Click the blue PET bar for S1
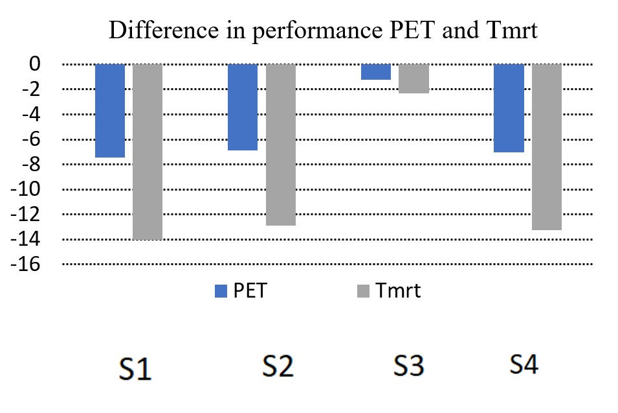tap(109, 111)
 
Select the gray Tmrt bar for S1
tap(147, 152)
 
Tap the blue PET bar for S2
tap(242, 107)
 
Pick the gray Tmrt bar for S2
tap(280, 145)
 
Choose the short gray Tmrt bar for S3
tap(414, 78)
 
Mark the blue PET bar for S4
tap(509, 108)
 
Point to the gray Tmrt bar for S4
tap(547, 147)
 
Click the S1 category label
tap(136, 369)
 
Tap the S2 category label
tap(278, 367)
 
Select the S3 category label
tap(408, 367)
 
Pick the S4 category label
tap(523, 365)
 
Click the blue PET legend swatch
tap(221, 291)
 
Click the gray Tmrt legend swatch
tap(363, 291)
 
